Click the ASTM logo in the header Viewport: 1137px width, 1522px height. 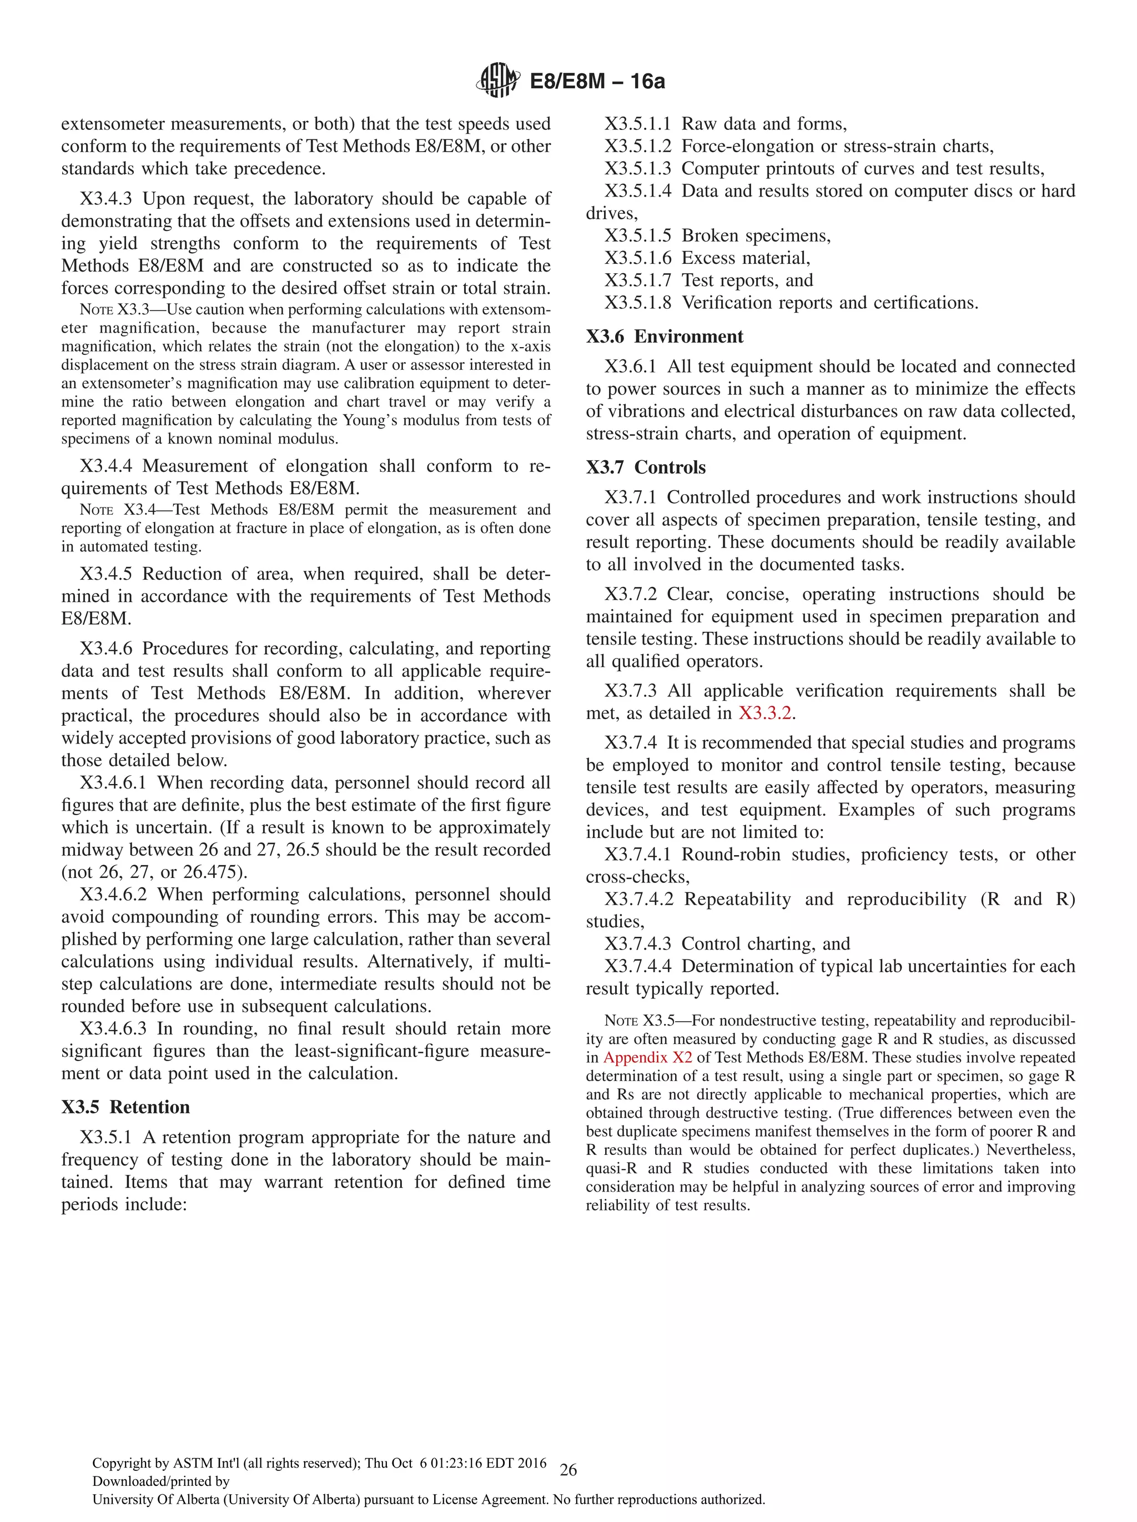[497, 81]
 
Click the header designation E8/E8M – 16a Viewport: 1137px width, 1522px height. [596, 81]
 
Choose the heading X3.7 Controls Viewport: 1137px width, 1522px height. [645, 466]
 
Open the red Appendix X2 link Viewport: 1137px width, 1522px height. [647, 1057]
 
